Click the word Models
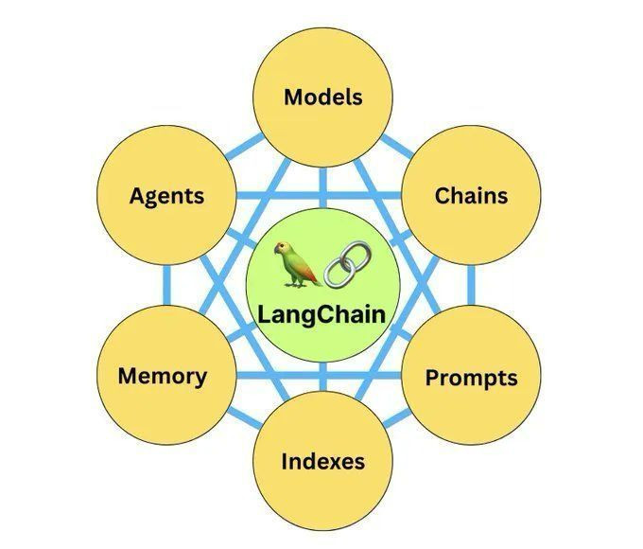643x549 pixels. tap(323, 97)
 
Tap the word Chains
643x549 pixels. tap(471, 195)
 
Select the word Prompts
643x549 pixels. tap(471, 379)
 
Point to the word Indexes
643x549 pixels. tap(323, 461)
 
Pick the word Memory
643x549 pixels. tap(163, 377)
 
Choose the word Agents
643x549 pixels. tap(167, 196)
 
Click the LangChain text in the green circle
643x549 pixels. tap(321, 316)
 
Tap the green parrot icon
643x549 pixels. tap(297, 264)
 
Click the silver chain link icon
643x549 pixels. tap(348, 264)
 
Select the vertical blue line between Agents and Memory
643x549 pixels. tap(166, 285)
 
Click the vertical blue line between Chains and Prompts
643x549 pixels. tap(471, 285)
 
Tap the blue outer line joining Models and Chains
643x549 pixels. tap(397, 147)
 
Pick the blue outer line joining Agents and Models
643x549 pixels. tap(244, 146)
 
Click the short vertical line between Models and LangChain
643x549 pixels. tap(323, 187)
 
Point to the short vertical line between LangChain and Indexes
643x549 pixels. tap(323, 377)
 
